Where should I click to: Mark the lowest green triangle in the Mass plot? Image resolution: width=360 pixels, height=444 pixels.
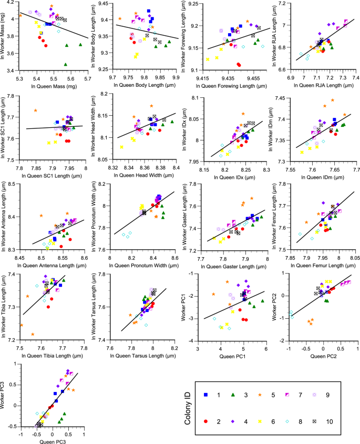point(65,64)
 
